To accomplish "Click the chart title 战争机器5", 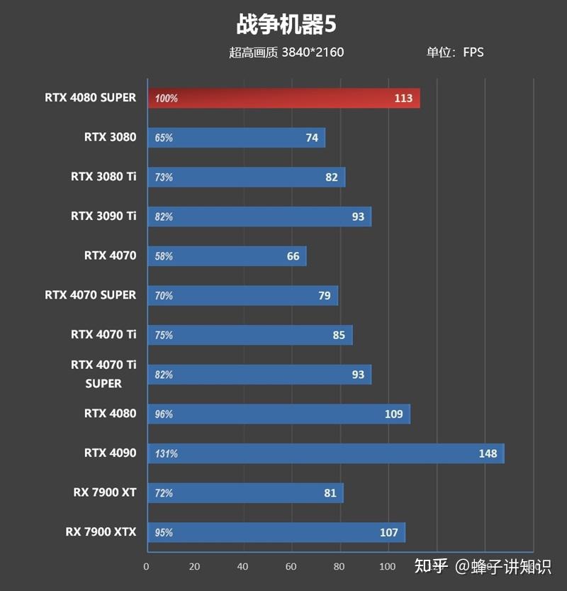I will tap(286, 25).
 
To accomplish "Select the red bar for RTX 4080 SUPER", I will tap(283, 99).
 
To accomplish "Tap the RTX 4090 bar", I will tap(326, 453).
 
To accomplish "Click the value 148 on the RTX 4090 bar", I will tap(488, 453).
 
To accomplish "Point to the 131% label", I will tap(166, 453).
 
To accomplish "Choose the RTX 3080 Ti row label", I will tap(103, 176).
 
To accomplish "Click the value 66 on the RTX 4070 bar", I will tap(293, 256).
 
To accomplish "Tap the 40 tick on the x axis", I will tap(243, 566).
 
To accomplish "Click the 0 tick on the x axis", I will tap(146, 566).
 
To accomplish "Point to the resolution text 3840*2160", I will tap(313, 52).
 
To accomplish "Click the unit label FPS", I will tap(473, 52).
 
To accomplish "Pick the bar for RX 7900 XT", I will tap(245, 493).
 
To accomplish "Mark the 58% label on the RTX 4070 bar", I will tap(164, 256).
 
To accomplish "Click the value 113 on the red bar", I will tap(403, 99).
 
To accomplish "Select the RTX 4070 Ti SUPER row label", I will tap(103, 374).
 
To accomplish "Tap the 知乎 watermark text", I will tap(431, 565).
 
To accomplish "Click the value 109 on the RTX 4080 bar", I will tap(394, 414).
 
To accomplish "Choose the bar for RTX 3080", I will tap(236, 138).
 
